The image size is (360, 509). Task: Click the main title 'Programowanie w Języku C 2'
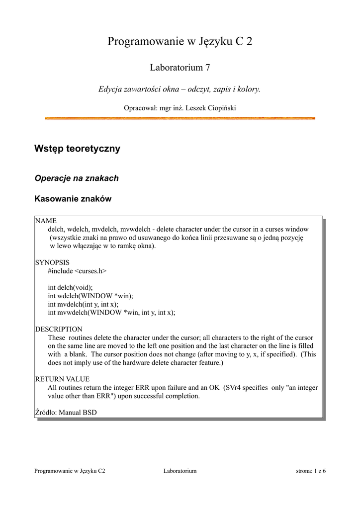click(x=180, y=42)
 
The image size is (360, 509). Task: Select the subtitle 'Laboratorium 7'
click(x=180, y=67)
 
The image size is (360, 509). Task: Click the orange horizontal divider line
click(x=180, y=118)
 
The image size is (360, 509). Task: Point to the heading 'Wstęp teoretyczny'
click(x=77, y=149)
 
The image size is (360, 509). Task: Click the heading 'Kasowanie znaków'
click(x=73, y=199)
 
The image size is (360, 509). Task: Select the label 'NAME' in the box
click(x=46, y=221)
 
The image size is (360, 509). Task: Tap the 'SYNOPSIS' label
click(x=52, y=262)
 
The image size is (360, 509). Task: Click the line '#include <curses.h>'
click(x=77, y=271)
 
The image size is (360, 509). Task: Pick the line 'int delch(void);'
click(x=70, y=288)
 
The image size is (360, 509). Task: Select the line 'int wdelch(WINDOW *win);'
click(x=90, y=296)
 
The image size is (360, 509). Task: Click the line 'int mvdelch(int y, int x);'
click(x=83, y=304)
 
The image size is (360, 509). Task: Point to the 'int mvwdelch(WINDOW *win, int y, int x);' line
click(x=111, y=313)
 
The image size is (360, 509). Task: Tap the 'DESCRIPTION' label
click(x=59, y=329)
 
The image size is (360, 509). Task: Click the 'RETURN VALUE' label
click(x=62, y=379)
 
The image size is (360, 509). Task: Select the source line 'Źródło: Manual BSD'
click(x=66, y=413)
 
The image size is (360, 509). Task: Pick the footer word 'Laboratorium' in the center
click(x=180, y=471)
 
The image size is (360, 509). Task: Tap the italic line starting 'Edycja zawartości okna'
click(x=180, y=89)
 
